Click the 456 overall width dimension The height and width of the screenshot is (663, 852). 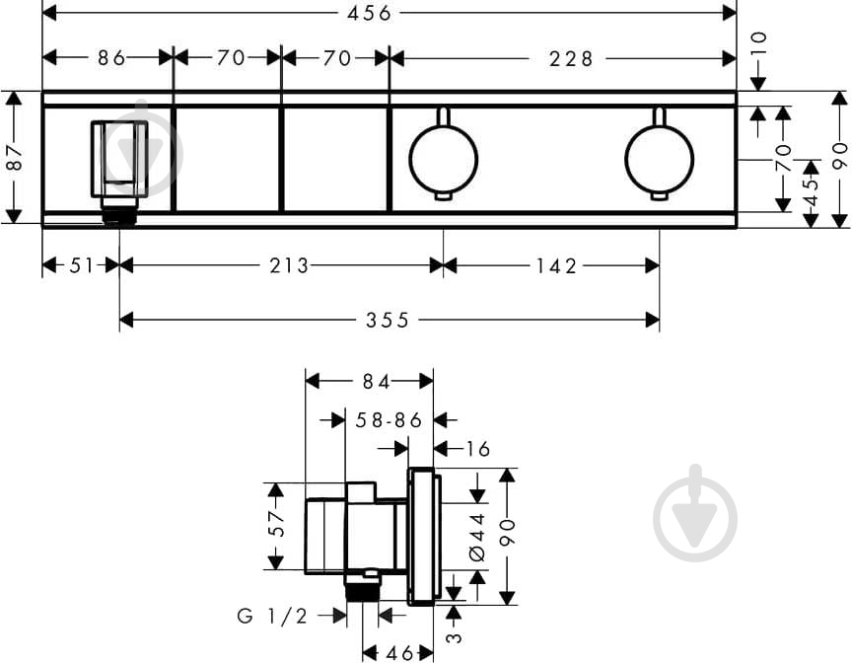coord(370,13)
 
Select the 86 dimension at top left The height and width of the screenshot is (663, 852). coord(111,58)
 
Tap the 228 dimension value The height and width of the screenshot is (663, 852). coord(572,58)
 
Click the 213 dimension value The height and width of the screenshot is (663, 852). coord(291,264)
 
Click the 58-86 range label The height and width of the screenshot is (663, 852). coord(390,420)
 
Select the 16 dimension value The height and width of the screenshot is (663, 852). coord(477,449)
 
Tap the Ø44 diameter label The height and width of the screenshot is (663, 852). coord(477,538)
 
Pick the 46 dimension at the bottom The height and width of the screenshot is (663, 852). coord(399,652)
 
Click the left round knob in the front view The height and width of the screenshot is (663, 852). coord(443,159)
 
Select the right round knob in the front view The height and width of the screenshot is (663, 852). coord(659,159)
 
